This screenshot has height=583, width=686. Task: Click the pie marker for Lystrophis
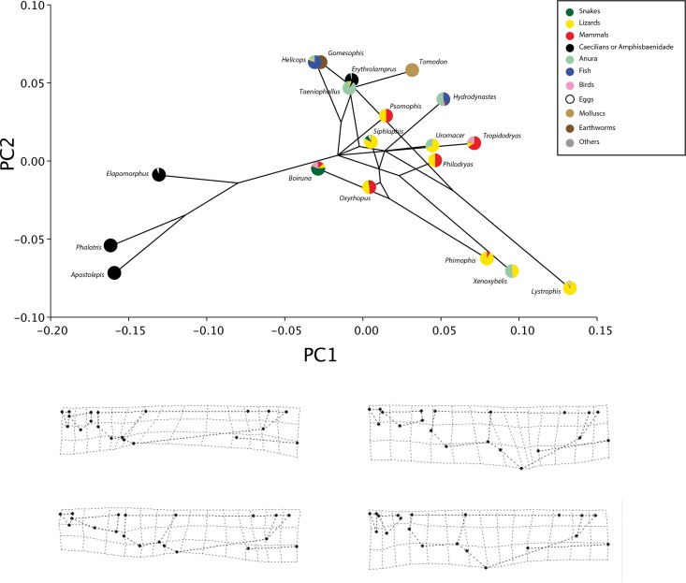coord(570,287)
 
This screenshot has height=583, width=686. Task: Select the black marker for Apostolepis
coord(114,273)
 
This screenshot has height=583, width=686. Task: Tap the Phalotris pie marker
coord(110,245)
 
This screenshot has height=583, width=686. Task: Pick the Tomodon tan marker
coord(412,70)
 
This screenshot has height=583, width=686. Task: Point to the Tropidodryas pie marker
coord(474,143)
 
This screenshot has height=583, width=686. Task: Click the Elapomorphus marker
coord(159,175)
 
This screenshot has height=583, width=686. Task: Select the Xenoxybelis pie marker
coord(512,271)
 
